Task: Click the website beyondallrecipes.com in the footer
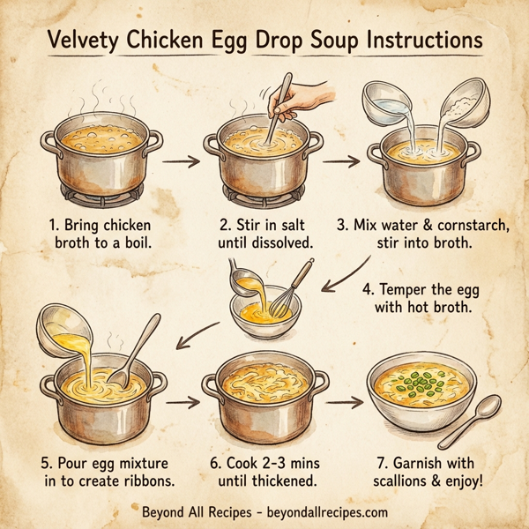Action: (x=319, y=511)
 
